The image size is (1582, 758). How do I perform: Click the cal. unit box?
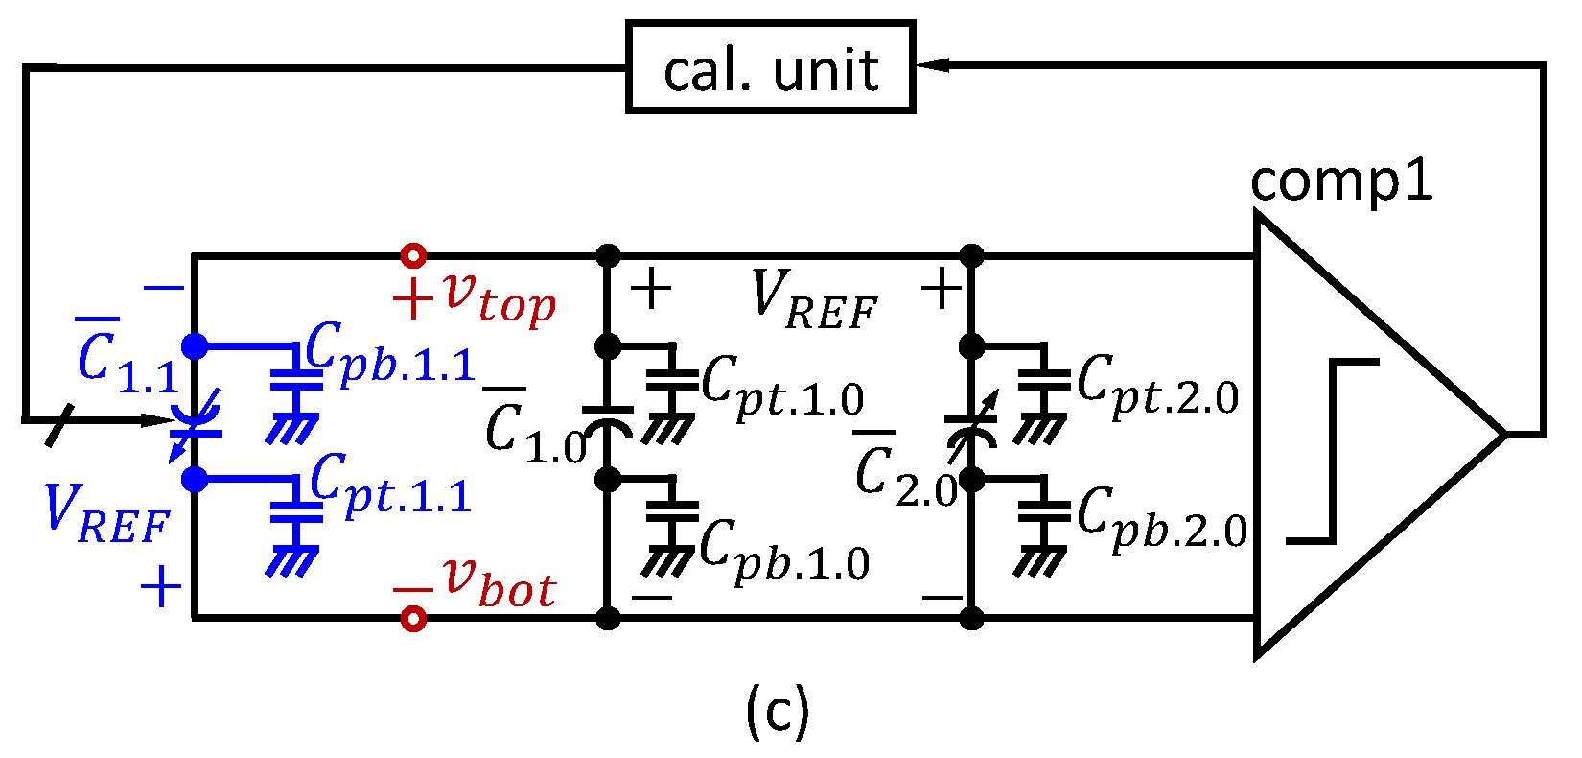pyautogui.click(x=770, y=68)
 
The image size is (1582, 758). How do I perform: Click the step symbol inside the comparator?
pyautogui.click(x=1333, y=451)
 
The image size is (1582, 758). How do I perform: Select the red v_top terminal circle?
pyautogui.click(x=413, y=256)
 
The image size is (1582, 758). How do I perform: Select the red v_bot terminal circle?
pyautogui.click(x=413, y=619)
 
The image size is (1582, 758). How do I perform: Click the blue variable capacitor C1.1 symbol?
pyautogui.click(x=197, y=422)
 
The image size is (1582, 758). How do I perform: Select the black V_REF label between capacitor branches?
pyautogui.click(x=815, y=299)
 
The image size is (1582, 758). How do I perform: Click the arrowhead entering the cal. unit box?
pyautogui.click(x=932, y=65)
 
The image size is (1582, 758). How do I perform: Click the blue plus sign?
pyautogui.click(x=161, y=586)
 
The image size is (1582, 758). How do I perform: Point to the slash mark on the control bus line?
pyautogui.click(x=59, y=425)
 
